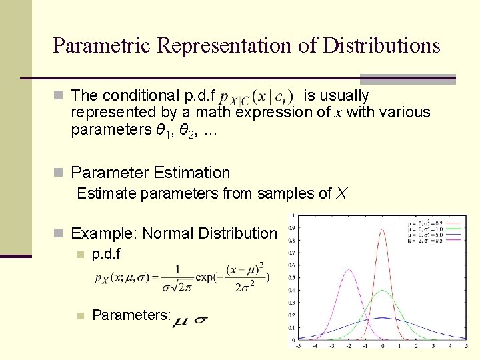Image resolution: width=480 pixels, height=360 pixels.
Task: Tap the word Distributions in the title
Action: pyautogui.click(x=381, y=45)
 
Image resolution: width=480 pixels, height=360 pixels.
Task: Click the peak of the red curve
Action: pyautogui.click(x=383, y=230)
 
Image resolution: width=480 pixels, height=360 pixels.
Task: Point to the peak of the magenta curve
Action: pyautogui.click(x=349, y=269)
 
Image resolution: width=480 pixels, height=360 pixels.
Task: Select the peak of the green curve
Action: pyautogui.click(x=383, y=291)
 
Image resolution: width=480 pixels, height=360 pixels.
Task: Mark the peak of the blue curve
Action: pyautogui.click(x=383, y=317)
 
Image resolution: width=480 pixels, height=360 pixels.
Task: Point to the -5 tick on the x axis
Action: pyautogui.click(x=298, y=346)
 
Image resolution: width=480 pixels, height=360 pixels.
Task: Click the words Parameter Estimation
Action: pyautogui.click(x=150, y=173)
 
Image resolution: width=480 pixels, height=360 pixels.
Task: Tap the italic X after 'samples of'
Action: pyautogui.click(x=341, y=194)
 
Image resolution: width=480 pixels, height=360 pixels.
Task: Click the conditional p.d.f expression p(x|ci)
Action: pyautogui.click(x=257, y=97)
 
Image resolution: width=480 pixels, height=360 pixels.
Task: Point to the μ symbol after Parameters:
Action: pyautogui.click(x=180, y=323)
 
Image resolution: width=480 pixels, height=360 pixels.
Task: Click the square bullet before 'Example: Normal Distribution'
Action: pyautogui.click(x=59, y=234)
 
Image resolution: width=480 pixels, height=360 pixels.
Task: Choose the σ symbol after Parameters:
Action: pyautogui.click(x=199, y=320)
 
